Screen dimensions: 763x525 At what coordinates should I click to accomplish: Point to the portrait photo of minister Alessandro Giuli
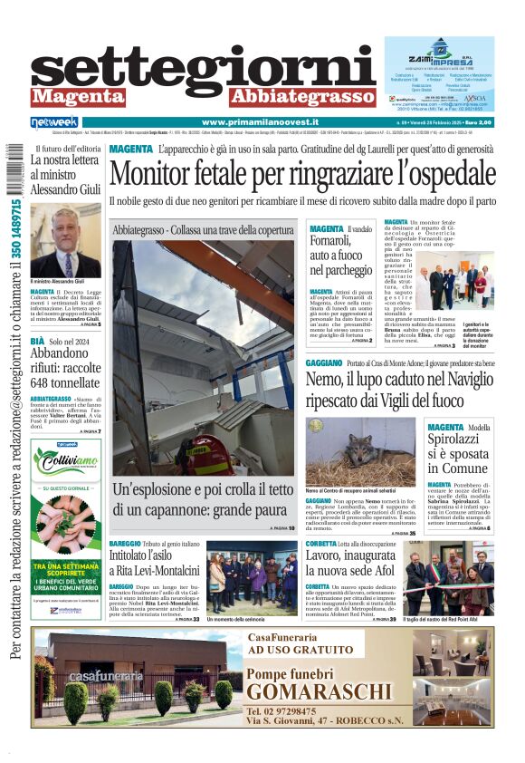65,241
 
